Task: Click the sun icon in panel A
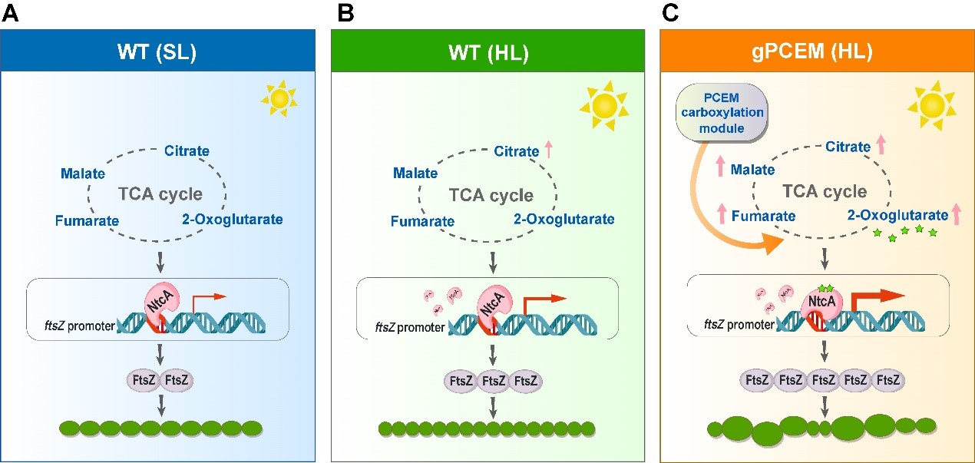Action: pyautogui.click(x=278, y=98)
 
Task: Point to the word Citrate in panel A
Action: pyautogui.click(x=187, y=150)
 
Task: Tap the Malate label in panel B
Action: pyautogui.click(x=415, y=173)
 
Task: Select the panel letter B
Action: pyautogui.click(x=345, y=14)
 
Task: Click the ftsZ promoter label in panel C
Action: pyautogui.click(x=739, y=324)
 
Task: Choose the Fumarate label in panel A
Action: pyautogui.click(x=87, y=222)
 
